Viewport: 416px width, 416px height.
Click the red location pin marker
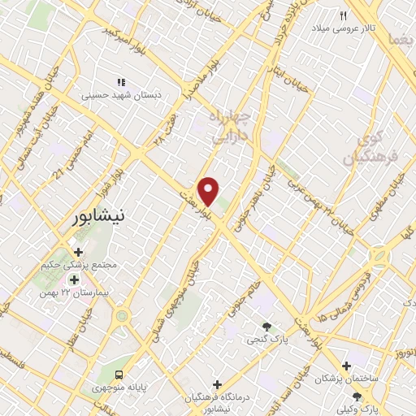(209, 190)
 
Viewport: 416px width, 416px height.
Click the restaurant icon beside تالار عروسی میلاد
(343, 16)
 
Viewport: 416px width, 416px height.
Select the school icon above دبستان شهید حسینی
(122, 82)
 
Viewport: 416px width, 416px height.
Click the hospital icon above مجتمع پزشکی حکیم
(78, 252)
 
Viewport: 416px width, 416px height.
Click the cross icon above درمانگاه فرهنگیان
(217, 384)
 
